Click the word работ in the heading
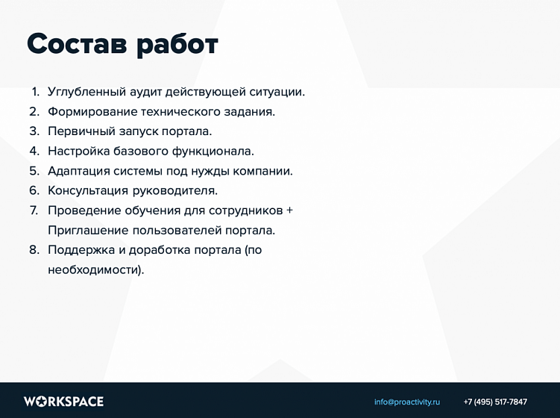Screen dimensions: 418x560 (x=177, y=45)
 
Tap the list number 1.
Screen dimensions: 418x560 (x=35, y=92)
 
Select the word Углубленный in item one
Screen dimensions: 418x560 (x=86, y=93)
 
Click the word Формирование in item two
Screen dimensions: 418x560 (x=92, y=112)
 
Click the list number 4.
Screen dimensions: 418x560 (x=34, y=151)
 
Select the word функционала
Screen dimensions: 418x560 (x=215, y=152)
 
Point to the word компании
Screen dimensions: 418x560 (x=262, y=171)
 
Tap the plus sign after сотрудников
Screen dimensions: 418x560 (x=289, y=210)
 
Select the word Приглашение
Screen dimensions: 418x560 (x=88, y=230)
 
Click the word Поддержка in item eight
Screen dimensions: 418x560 (x=80, y=250)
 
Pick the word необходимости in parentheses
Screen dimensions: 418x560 (x=93, y=269)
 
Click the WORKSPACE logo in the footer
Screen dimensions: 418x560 (x=63, y=402)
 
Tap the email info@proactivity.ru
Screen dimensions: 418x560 (x=407, y=402)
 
